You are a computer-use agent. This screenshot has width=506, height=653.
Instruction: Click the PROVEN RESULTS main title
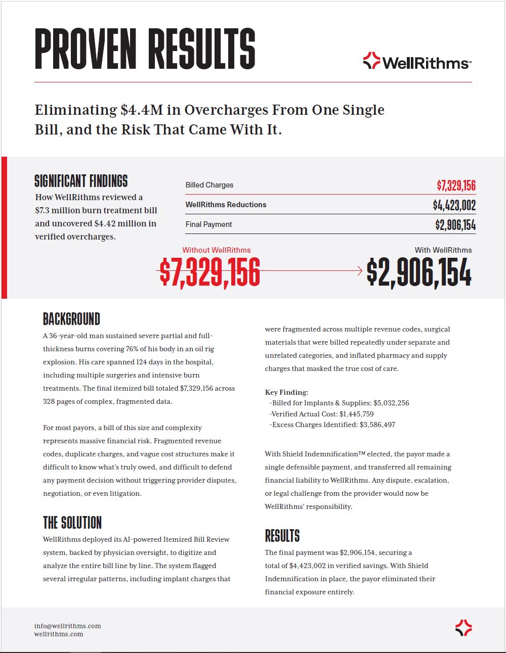click(145, 49)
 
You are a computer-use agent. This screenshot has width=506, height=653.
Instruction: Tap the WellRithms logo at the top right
click(417, 62)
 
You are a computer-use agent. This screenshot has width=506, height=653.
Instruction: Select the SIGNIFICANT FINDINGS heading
click(81, 181)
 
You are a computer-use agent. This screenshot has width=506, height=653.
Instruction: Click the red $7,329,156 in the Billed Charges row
click(456, 185)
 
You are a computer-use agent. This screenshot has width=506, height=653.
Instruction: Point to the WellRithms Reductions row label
click(226, 205)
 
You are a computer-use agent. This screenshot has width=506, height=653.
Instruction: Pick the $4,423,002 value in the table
click(454, 205)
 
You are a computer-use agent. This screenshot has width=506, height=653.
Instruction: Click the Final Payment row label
click(208, 224)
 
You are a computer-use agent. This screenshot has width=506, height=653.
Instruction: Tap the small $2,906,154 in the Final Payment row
click(455, 225)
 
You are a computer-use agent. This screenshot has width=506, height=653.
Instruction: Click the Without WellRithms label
click(216, 250)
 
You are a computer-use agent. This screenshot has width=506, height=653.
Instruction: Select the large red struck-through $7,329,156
click(210, 272)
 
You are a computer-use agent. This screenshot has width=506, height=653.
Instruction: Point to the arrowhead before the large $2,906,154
click(360, 271)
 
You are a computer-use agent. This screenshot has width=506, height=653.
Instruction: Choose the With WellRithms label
click(443, 250)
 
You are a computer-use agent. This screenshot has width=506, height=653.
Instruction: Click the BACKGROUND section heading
click(71, 319)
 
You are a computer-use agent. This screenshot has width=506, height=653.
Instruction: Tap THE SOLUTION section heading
click(72, 523)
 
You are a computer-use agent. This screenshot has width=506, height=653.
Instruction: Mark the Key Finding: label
click(286, 392)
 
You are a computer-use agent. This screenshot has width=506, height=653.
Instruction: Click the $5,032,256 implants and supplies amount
click(391, 403)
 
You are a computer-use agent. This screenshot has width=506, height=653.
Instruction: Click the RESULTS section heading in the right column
click(282, 536)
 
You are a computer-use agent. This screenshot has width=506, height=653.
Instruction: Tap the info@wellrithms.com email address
click(67, 626)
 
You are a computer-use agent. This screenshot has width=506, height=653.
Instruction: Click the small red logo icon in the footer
click(463, 628)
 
